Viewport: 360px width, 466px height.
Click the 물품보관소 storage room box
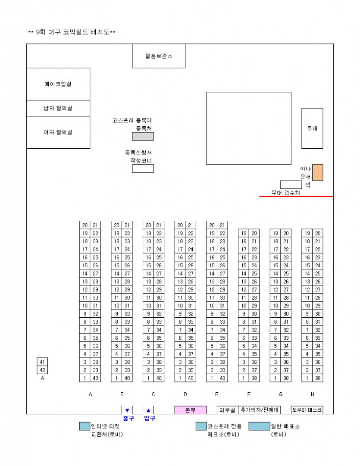[159, 56]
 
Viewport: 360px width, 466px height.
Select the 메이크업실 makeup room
[58, 84]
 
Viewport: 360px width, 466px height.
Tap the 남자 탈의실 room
[58, 108]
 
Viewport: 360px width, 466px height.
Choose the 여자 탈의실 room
[58, 132]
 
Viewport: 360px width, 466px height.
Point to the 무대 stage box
[312, 128]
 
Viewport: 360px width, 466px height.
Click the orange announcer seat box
[318, 172]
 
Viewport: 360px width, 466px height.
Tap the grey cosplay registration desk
[143, 137]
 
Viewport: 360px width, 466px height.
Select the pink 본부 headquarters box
[190, 410]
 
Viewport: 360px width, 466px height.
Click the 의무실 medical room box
[227, 410]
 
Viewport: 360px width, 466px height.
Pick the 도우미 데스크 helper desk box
[307, 410]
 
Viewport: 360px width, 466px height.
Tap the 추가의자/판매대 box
[260, 410]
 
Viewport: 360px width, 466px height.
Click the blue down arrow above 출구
[127, 410]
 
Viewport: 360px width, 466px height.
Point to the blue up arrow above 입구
[149, 410]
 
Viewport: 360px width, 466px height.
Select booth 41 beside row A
[42, 362]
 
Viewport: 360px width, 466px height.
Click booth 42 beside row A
[42, 370]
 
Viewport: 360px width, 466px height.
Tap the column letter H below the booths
[313, 394]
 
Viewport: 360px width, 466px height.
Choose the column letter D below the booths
[185, 394]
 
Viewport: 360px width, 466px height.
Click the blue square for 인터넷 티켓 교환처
[85, 426]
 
